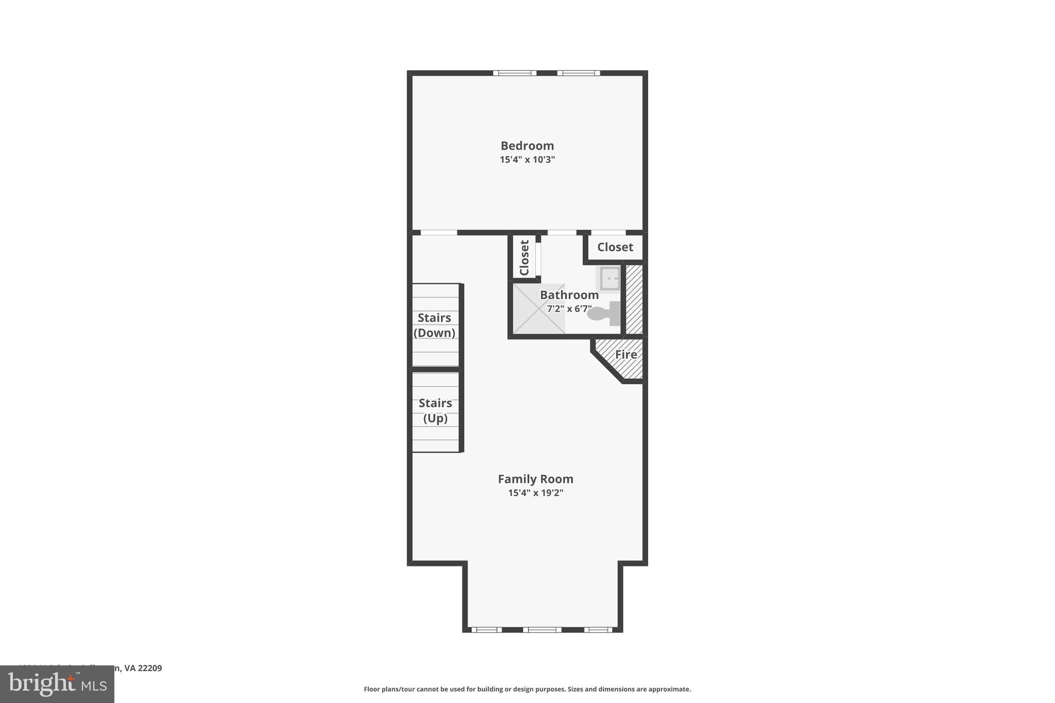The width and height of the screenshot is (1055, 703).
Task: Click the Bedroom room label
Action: (x=527, y=146)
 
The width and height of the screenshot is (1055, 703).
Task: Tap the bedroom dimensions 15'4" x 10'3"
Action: (x=527, y=160)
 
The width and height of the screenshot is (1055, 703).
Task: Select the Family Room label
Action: (x=535, y=479)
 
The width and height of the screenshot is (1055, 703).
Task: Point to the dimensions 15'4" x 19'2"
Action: (x=535, y=493)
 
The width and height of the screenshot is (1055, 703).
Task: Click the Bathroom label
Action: (x=569, y=295)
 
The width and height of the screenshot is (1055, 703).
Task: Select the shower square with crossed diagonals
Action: (x=539, y=308)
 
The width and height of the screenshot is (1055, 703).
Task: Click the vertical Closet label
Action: (x=524, y=258)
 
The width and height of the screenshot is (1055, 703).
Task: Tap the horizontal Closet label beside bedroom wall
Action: (x=615, y=247)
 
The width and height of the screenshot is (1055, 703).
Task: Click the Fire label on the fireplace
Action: (x=626, y=355)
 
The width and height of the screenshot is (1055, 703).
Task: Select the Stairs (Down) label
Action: (x=434, y=325)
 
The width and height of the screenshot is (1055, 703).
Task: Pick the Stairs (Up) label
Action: (x=435, y=410)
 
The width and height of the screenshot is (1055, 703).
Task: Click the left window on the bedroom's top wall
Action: (x=515, y=73)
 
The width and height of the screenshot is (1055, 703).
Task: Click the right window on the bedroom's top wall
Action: (x=578, y=73)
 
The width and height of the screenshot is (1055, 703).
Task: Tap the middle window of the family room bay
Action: (x=542, y=629)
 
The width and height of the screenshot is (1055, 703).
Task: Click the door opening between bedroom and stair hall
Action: (x=438, y=233)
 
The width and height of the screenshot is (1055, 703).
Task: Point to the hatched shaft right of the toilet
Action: (x=634, y=299)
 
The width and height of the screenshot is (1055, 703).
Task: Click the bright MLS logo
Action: (x=57, y=684)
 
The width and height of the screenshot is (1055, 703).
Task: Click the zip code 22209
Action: (x=150, y=668)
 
